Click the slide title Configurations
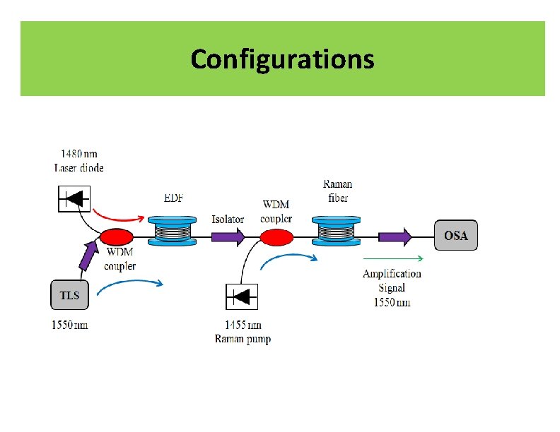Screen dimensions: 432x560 pyautogui.click(x=282, y=59)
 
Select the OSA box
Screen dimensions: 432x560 pyautogui.click(x=455, y=235)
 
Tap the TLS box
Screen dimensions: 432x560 pyautogui.click(x=69, y=295)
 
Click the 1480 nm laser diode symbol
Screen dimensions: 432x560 pyautogui.click(x=74, y=198)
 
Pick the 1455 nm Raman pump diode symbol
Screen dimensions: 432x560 pyautogui.click(x=242, y=296)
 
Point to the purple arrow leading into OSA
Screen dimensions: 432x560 pyautogui.click(x=396, y=236)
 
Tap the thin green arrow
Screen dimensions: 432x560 pyautogui.click(x=393, y=258)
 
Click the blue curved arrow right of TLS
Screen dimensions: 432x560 pyautogui.click(x=130, y=285)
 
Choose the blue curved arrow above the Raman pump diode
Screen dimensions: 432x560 pyautogui.click(x=288, y=260)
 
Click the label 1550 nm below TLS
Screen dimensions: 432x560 pyautogui.click(x=69, y=325)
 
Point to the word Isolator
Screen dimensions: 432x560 pyautogui.click(x=228, y=219)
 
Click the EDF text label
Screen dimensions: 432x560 pyautogui.click(x=173, y=198)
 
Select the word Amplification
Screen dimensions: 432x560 pyautogui.click(x=392, y=274)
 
